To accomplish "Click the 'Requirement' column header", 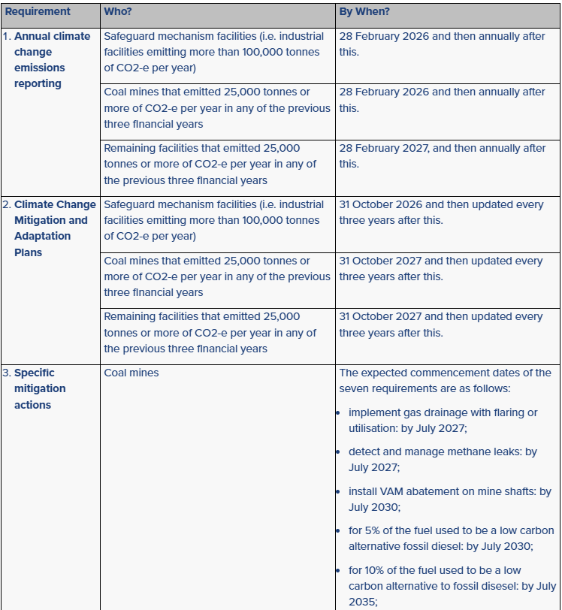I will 38,12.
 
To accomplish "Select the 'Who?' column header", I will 120,12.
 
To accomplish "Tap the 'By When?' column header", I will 364,12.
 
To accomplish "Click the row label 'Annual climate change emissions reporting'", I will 51,60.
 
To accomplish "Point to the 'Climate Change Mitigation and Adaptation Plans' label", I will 54,228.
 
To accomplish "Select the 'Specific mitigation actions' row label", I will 40,388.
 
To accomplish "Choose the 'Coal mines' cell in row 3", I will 131,373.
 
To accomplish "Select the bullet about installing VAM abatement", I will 449,499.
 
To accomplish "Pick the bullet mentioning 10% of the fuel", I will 451,585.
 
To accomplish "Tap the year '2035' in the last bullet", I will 361,602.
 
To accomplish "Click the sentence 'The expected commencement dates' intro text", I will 445,380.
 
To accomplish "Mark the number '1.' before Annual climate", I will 6,36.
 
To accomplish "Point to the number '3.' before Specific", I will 6,373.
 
